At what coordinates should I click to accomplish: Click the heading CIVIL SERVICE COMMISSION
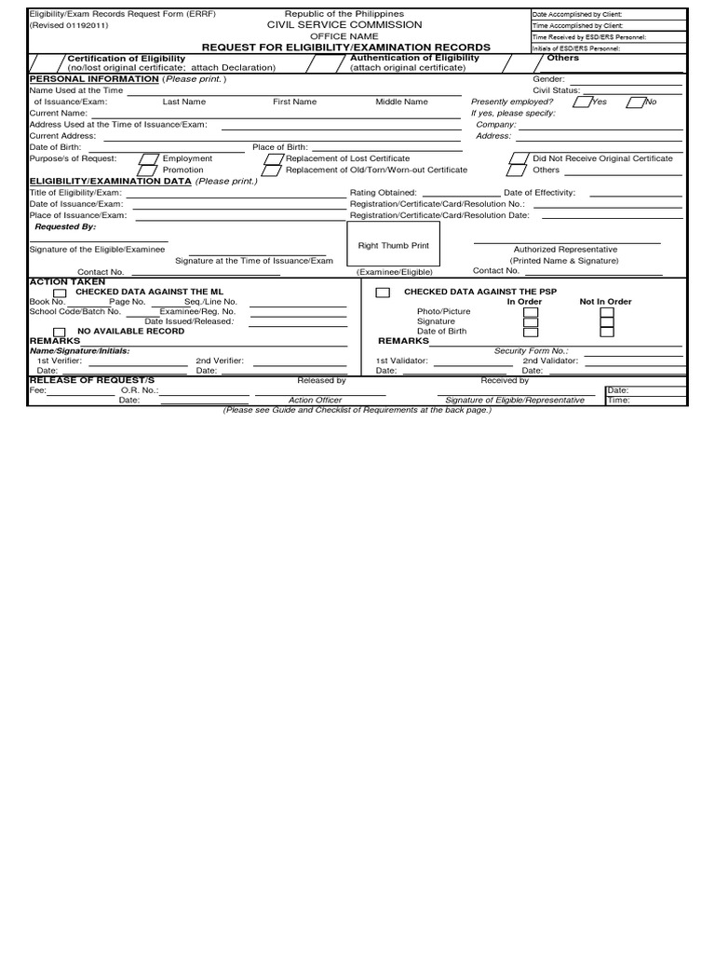tap(344, 24)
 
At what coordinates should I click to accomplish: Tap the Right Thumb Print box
tap(393, 246)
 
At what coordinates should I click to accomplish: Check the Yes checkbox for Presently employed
tap(581, 102)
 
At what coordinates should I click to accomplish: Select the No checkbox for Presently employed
tap(638, 102)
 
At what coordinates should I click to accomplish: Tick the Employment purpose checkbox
tap(148, 159)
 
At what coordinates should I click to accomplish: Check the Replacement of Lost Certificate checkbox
tap(272, 159)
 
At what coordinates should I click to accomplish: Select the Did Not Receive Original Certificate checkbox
tap(517, 159)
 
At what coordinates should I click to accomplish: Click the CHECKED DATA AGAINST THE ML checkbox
tap(61, 293)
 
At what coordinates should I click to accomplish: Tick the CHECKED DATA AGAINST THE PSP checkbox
tap(383, 293)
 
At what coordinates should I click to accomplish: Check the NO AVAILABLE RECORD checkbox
tap(60, 332)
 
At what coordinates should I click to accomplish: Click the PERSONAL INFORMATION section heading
tap(94, 79)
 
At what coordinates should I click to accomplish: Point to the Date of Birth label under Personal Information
tap(55, 147)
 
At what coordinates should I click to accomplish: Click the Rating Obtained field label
tap(383, 193)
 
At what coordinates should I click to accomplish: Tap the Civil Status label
tap(556, 90)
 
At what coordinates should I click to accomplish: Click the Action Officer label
tap(315, 400)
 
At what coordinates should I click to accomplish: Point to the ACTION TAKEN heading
tap(67, 281)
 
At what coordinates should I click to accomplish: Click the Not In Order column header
tap(605, 302)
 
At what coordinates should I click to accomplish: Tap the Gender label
tap(548, 79)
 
